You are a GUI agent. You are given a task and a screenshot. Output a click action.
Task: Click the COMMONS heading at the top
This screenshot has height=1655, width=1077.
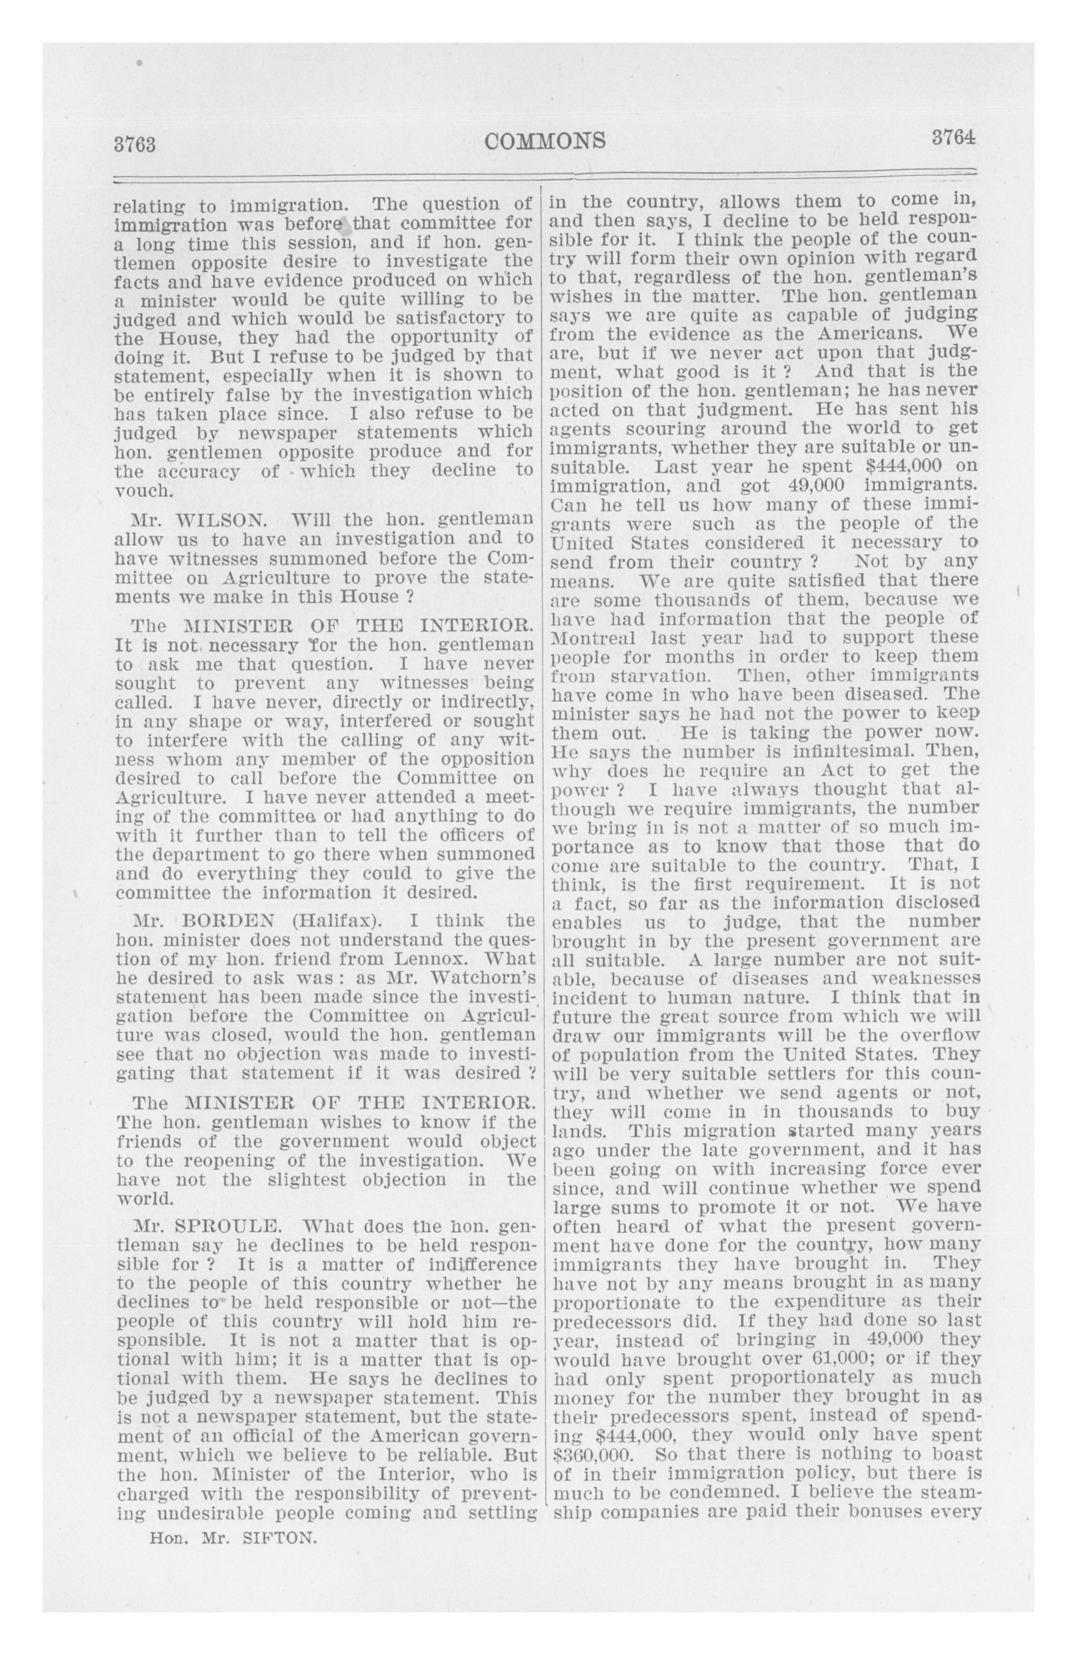(x=545, y=141)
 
